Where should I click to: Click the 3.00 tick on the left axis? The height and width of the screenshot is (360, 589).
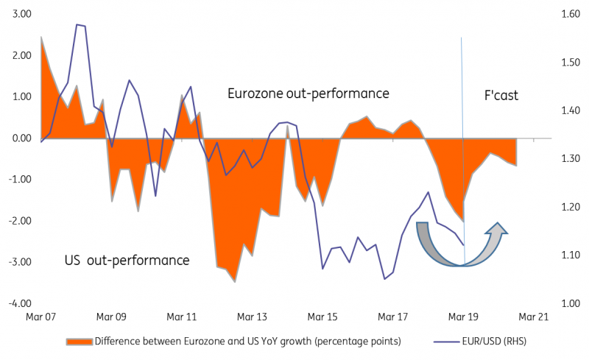pos(21,14)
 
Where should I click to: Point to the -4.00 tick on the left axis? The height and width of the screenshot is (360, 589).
pos(19,303)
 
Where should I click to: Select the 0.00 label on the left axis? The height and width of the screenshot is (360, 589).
pos(21,138)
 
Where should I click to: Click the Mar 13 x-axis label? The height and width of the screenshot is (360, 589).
pos(252,317)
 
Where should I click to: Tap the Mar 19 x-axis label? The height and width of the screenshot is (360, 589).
pos(463,317)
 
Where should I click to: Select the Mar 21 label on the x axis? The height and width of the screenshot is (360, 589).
pos(533,317)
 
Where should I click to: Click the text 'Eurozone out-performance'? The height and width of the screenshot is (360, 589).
pos(308,94)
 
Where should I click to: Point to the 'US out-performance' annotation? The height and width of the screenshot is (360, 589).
pos(127,261)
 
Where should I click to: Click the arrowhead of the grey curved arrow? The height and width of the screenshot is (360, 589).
pos(498,229)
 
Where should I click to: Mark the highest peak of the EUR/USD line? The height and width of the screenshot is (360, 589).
pos(77,24)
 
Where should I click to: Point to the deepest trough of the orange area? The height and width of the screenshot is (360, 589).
pos(234,282)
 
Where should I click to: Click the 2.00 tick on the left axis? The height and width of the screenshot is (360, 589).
pos(21,55)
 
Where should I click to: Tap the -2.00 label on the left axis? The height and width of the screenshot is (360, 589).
pos(19,221)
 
